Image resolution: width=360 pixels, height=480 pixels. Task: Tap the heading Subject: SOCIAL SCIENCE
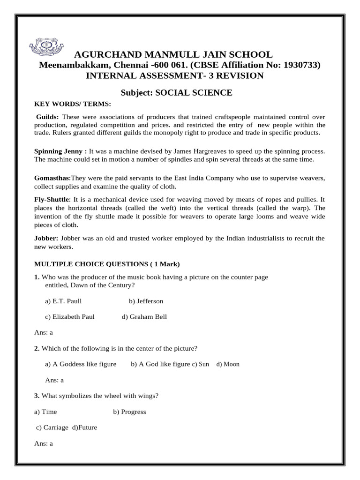click(176, 92)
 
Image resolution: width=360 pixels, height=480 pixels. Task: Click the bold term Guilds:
click(48, 117)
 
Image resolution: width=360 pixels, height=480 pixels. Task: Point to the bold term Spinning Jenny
click(60, 151)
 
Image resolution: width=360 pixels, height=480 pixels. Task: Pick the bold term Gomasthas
click(52, 179)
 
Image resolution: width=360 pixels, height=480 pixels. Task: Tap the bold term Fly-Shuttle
click(52, 199)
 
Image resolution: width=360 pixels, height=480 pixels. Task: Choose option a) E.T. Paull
click(63, 301)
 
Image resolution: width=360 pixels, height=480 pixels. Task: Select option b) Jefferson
click(146, 301)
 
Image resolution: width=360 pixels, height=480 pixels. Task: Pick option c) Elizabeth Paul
click(70, 317)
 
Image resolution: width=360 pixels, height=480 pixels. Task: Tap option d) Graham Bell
click(144, 317)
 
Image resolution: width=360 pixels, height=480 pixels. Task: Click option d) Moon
click(228, 364)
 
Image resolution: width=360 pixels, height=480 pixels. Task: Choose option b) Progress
click(129, 412)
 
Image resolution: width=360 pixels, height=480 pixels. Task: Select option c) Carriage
click(52, 428)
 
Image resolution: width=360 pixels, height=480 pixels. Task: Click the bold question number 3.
click(37, 396)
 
